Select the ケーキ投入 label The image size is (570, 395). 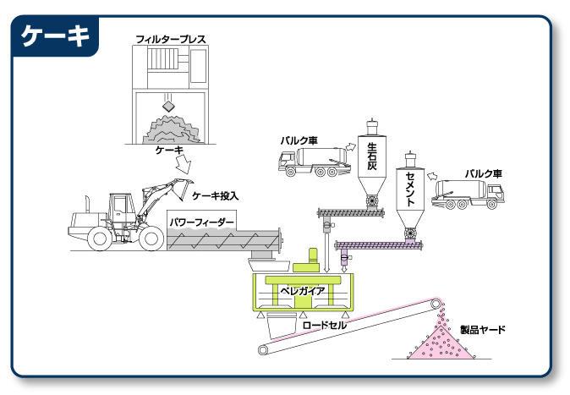click(x=216, y=195)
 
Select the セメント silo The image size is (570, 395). click(x=409, y=195)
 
